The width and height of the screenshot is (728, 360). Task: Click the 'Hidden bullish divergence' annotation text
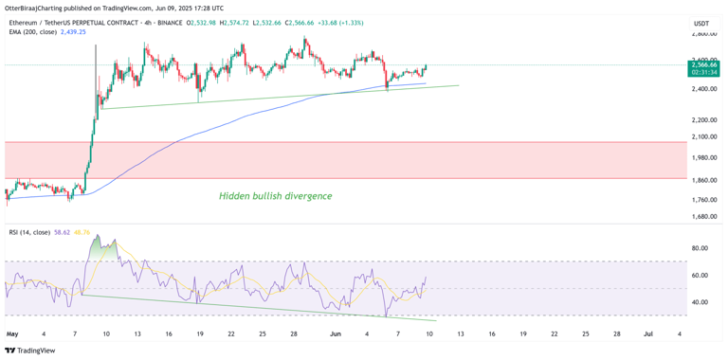coord(276,196)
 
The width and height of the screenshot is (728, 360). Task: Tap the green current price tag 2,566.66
coord(703,64)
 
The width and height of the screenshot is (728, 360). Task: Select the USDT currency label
coord(701,23)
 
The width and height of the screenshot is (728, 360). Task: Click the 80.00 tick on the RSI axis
coord(701,248)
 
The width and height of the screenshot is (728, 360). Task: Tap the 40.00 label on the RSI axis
coord(701,302)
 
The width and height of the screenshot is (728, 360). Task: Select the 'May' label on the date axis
coord(12,333)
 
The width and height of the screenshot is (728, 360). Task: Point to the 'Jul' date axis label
coord(647,333)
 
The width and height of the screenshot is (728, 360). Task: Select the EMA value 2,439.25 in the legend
coord(73,32)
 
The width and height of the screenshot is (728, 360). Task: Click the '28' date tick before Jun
coord(294,333)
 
